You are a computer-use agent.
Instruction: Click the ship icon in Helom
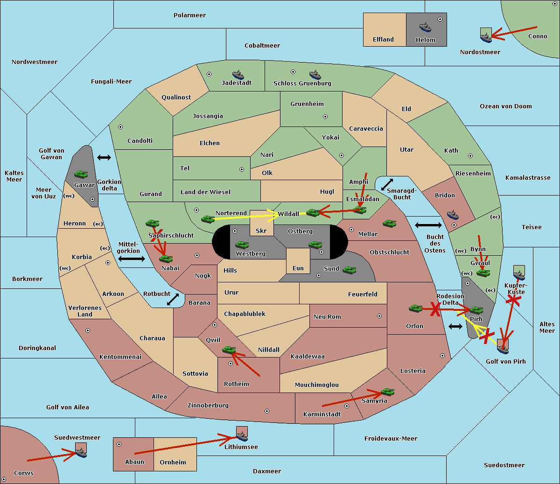coord(425,28)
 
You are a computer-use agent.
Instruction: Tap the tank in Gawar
coord(81,174)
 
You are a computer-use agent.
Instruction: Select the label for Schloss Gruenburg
coord(302,83)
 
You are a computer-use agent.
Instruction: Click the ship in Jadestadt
coord(238,75)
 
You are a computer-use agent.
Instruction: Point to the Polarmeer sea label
coord(189,15)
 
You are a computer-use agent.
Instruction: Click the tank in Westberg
coord(242,245)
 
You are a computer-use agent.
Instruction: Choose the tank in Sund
coord(349,270)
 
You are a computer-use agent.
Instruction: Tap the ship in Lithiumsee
coord(242,436)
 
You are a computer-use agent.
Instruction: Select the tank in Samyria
coord(387,392)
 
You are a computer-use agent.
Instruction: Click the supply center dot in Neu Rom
coord(379,316)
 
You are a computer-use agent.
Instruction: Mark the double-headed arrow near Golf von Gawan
coord(104,157)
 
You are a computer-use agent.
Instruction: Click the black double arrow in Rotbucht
coord(173,299)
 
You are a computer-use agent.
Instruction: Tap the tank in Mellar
coord(389,223)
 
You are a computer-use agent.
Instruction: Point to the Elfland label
coord(383,40)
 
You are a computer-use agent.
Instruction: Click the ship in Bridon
coord(453,214)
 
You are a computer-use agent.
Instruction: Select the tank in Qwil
coord(229,350)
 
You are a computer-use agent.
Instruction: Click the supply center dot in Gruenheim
coord(325,117)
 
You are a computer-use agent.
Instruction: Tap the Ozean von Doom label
coord(505,106)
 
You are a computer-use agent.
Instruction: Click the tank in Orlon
coord(415,309)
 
